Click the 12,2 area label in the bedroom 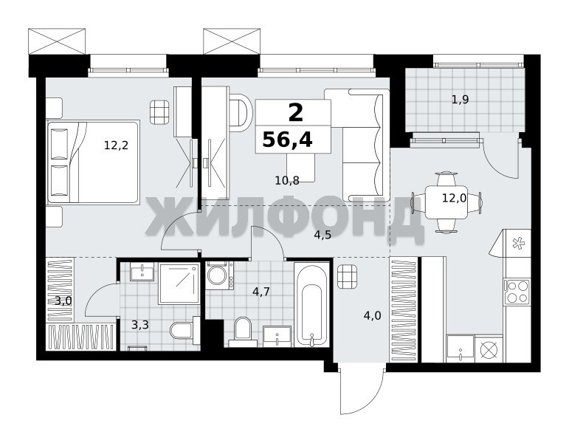click(116, 145)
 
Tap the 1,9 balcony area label click(460, 100)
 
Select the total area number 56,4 click(287, 140)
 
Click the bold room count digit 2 click(295, 112)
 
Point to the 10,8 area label click(287, 180)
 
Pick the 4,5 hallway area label click(323, 236)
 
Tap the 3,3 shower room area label click(140, 325)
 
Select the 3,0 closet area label click(63, 301)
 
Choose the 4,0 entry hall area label click(372, 316)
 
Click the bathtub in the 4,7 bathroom click(311, 304)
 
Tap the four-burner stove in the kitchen click(517, 292)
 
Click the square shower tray click(179, 284)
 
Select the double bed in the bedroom click(94, 162)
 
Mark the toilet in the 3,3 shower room click(185, 330)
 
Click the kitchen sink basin click(461, 348)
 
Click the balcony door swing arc click(501, 159)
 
